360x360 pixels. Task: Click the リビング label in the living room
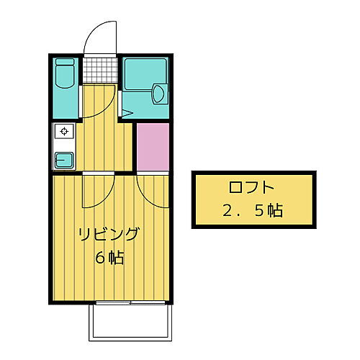pyautogui.click(x=108, y=235)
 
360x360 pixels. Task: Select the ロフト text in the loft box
pyautogui.click(x=251, y=189)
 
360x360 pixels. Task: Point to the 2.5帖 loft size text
pyautogui.click(x=251, y=212)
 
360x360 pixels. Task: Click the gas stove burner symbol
pyautogui.click(x=64, y=132)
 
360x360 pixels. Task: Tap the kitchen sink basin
pyautogui.click(x=64, y=159)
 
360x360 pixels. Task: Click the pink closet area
pyautogui.click(x=152, y=146)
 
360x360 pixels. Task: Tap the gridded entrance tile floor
pyautogui.click(x=99, y=70)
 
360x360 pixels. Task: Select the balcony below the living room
pyautogui.click(x=130, y=320)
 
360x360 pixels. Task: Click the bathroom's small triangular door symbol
pyautogui.click(x=125, y=112)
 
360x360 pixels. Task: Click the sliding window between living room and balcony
pyautogui.click(x=130, y=303)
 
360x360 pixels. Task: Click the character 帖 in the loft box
pyautogui.click(x=273, y=212)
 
